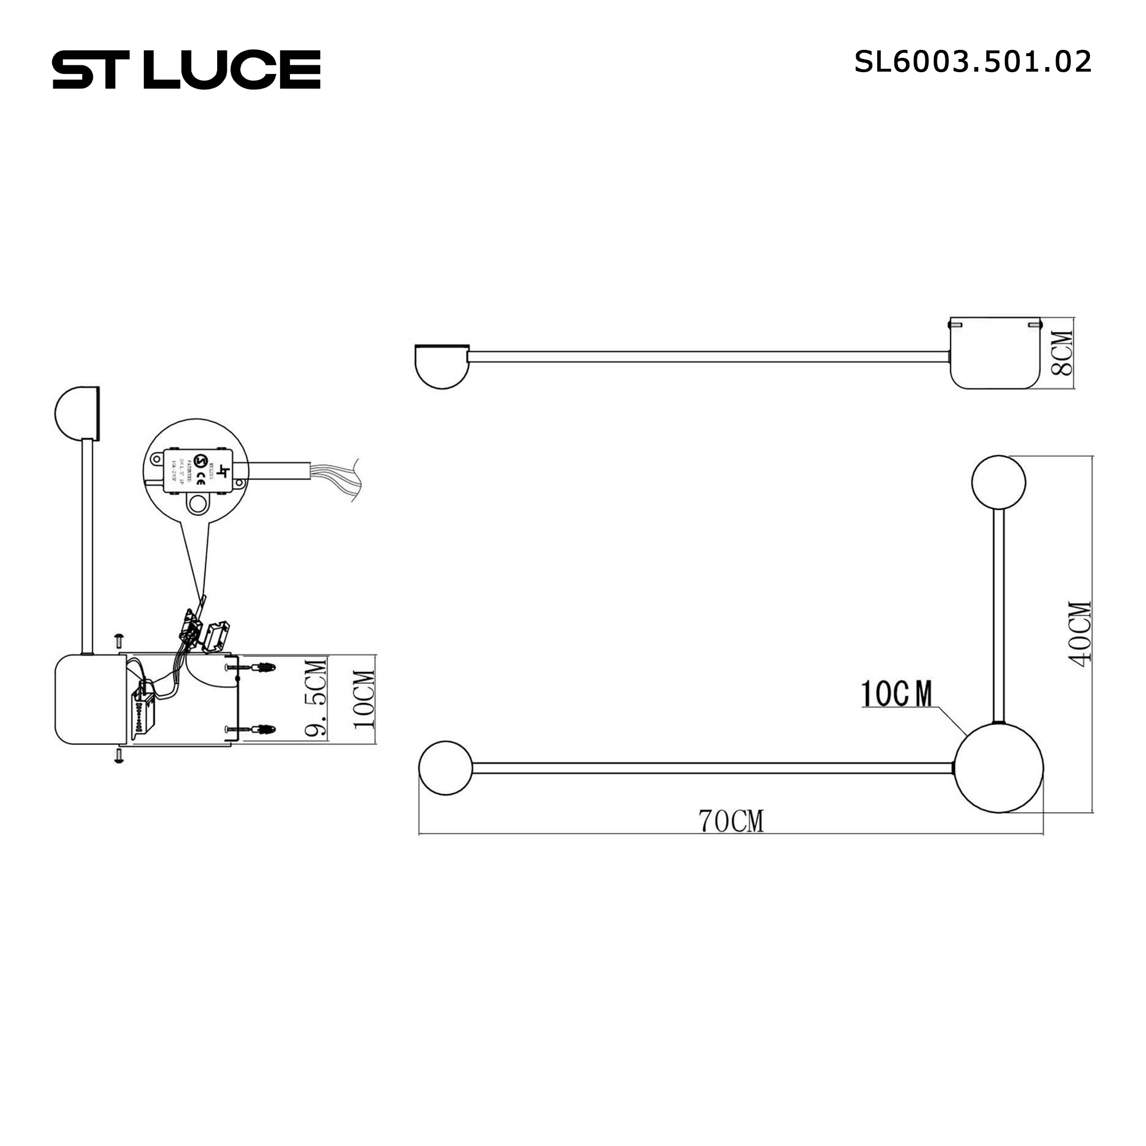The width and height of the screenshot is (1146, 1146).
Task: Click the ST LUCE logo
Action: click(186, 69)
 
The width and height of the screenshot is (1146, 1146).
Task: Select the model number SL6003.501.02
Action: click(972, 62)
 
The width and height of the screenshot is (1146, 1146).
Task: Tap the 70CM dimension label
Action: click(731, 821)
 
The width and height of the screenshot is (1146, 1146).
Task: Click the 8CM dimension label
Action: click(1061, 353)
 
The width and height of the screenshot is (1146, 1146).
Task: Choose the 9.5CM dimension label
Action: click(316, 697)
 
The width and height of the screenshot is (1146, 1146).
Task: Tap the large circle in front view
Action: click(998, 767)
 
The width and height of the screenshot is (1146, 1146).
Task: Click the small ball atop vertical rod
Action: click(998, 482)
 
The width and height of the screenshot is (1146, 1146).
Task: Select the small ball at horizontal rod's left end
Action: click(445, 768)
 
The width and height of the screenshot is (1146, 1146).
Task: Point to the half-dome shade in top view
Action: click(441, 366)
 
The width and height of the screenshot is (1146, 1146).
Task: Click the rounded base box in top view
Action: click(995, 354)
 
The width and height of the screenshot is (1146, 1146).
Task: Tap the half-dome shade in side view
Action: click(77, 414)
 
